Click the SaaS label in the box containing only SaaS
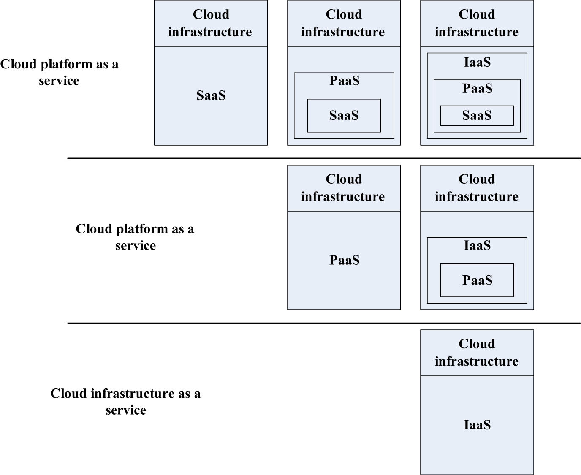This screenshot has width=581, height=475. [x=211, y=95]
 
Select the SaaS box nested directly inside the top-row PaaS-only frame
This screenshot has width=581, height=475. [x=344, y=115]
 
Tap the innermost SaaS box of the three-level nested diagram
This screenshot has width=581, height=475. [x=477, y=115]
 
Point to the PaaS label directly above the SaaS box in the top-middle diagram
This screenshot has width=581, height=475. [x=344, y=81]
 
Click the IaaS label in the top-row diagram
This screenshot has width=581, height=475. [x=477, y=62]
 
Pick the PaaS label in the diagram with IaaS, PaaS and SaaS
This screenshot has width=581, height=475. [x=477, y=88]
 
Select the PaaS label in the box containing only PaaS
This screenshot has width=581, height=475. [x=344, y=260]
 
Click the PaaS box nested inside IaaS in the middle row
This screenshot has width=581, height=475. [x=477, y=280]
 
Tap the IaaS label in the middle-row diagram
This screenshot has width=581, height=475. [x=477, y=245]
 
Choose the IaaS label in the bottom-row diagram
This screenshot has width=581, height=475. [x=477, y=425]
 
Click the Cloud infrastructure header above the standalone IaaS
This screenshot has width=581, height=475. [x=477, y=353]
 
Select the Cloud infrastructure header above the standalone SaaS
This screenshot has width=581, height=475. [x=211, y=23]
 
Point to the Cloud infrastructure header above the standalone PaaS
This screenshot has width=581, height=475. [x=344, y=188]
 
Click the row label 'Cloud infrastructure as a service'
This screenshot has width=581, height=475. [x=125, y=402]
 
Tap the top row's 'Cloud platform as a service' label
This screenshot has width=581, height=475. [x=59, y=72]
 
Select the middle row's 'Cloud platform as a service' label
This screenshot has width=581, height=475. [x=135, y=237]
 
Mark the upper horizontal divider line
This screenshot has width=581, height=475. [x=324, y=158]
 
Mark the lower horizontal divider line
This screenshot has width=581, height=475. [x=324, y=323]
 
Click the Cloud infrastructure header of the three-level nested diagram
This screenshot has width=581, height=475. [x=477, y=23]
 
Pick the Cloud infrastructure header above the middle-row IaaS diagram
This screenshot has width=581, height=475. [x=477, y=188]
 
